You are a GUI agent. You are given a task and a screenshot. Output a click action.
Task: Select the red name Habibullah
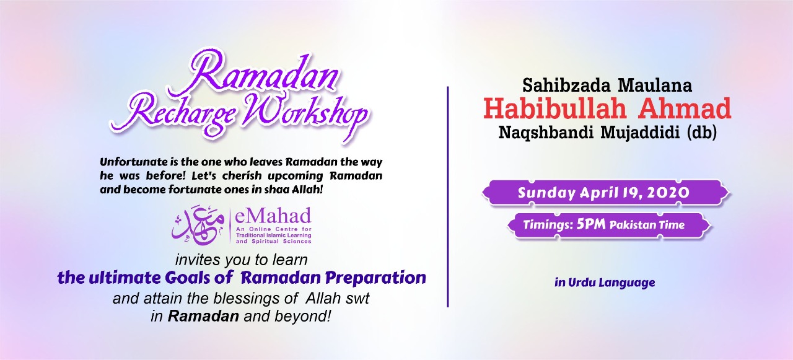555,108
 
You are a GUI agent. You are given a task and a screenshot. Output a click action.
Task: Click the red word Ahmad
685,108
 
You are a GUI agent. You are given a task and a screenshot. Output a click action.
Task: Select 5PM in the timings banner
591,224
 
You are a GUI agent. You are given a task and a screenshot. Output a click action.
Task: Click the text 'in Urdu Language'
605,283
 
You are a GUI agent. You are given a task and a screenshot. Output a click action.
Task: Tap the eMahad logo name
273,216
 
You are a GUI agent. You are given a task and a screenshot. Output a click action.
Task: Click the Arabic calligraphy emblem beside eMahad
198,224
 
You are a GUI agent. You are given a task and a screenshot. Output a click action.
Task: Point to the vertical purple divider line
448,196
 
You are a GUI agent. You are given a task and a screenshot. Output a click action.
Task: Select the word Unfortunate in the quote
133,162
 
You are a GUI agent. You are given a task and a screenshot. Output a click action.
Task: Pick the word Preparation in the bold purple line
375,278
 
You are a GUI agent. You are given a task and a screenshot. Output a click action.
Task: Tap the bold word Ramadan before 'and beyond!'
203,316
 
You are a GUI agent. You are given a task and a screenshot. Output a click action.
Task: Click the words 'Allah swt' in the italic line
338,299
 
